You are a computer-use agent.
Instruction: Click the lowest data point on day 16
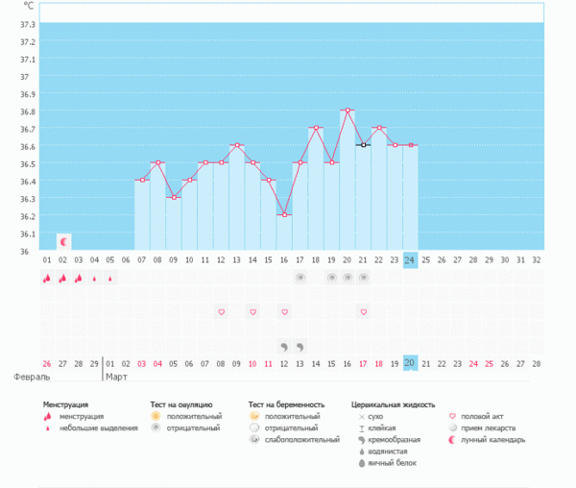click(x=284, y=215)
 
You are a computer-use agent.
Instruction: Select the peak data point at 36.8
click(x=348, y=110)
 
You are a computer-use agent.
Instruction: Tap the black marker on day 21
click(x=363, y=145)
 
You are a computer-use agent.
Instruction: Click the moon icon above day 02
click(x=63, y=242)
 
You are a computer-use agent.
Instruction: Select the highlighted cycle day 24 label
click(x=410, y=259)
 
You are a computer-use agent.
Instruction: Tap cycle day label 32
click(x=537, y=259)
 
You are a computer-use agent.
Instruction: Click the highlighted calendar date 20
click(x=410, y=363)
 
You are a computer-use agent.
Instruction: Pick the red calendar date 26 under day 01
click(x=47, y=363)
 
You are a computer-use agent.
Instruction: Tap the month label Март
click(x=116, y=378)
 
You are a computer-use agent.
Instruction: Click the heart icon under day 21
click(x=363, y=312)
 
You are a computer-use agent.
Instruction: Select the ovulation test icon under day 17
click(x=300, y=278)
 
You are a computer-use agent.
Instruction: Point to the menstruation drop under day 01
click(x=47, y=279)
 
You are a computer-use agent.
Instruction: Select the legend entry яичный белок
click(x=388, y=463)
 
